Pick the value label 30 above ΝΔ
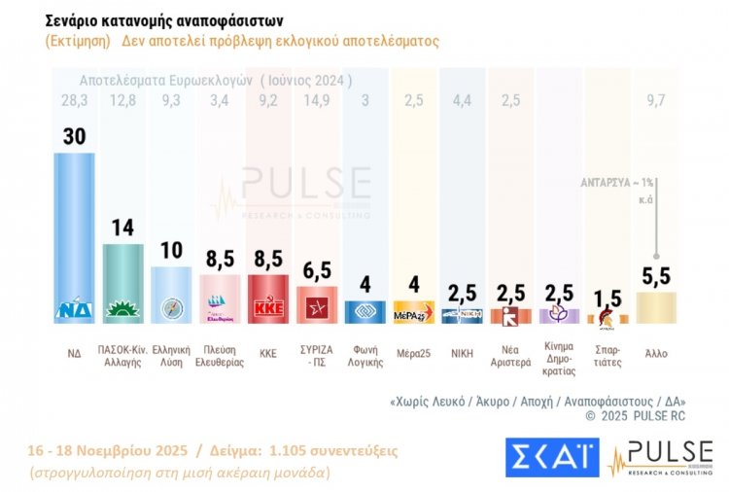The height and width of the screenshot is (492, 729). pos(74,136)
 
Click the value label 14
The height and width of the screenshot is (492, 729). pos(122,228)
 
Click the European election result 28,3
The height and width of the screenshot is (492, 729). pos(74,98)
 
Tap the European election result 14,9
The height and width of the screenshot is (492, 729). pos(317,98)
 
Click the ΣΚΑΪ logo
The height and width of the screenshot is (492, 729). pos(551,457)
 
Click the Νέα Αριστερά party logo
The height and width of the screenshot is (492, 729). pos(510,315)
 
